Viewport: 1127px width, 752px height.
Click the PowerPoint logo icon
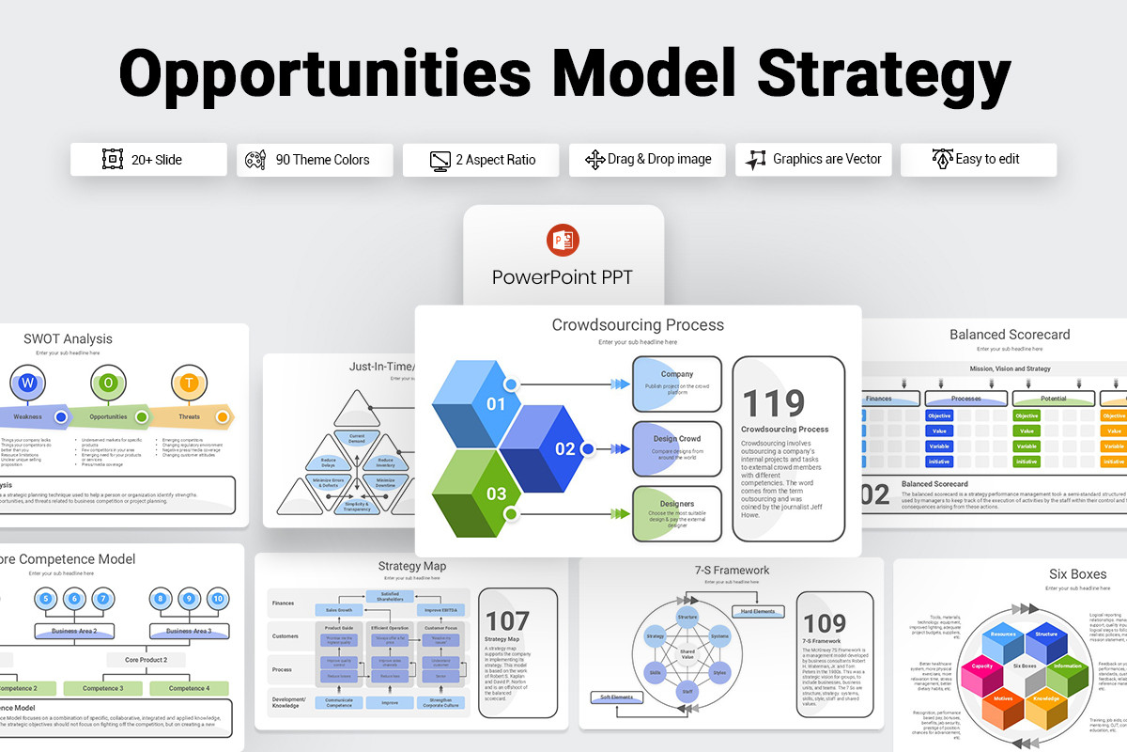563,241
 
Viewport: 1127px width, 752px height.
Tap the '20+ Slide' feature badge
148,160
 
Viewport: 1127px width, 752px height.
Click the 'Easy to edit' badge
978,160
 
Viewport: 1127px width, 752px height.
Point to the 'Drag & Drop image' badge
648,160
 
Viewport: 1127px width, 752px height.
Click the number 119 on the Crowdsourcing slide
774,403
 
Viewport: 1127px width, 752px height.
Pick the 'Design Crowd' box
676,447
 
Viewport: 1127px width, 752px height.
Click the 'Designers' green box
676,513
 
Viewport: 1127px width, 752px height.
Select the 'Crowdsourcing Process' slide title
638,325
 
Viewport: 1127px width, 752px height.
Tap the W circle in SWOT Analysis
27,383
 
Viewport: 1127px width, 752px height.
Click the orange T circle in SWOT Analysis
189,383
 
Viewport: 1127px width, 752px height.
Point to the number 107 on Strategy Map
507,620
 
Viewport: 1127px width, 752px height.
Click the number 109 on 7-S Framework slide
826,623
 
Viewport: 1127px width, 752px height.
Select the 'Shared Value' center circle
687,653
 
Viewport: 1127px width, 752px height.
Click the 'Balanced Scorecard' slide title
1010,335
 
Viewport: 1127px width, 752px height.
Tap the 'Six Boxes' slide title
1077,573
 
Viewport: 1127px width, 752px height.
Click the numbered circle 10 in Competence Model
218,599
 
